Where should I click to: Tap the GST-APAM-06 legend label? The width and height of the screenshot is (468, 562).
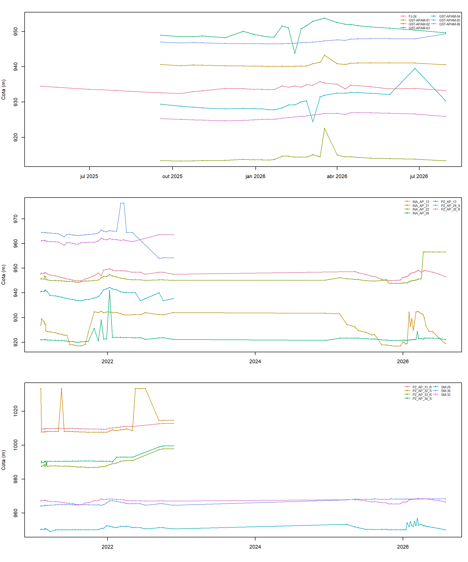pyautogui.click(x=449, y=24)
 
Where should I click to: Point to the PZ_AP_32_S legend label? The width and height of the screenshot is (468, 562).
pyautogui.click(x=422, y=391)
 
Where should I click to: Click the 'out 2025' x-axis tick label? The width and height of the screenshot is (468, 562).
pyautogui.click(x=173, y=176)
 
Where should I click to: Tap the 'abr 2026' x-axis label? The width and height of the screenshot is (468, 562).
pyautogui.click(x=337, y=176)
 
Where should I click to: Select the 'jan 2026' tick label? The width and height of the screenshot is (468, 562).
pyautogui.click(x=255, y=176)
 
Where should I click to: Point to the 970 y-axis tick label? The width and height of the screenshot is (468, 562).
pyautogui.click(x=16, y=219)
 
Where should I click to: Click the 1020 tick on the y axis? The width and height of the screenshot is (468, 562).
pyautogui.click(x=16, y=411)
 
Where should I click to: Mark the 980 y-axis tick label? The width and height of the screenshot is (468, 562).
pyautogui.click(x=16, y=479)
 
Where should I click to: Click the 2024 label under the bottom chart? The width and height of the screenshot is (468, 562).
pyautogui.click(x=255, y=547)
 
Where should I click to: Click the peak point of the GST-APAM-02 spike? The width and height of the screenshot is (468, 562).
pyautogui.click(x=324, y=129)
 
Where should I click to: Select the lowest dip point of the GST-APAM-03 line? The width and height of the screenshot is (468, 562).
pyautogui.click(x=295, y=53)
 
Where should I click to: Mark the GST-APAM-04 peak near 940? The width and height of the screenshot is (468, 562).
pyautogui.click(x=415, y=69)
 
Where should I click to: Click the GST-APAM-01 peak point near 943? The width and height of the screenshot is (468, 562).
pyautogui.click(x=324, y=55)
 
